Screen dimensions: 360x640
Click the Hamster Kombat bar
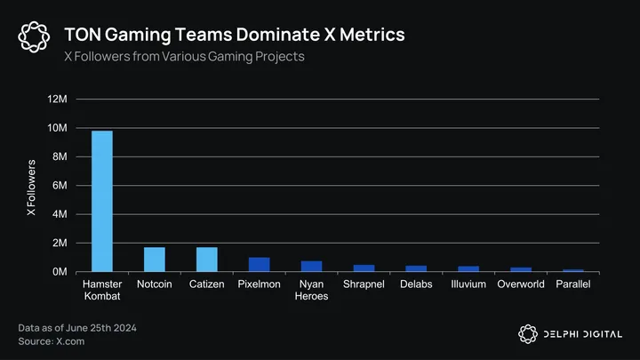point(102,201)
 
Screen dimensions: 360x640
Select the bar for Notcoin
point(155,260)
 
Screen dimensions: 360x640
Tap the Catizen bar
point(207,260)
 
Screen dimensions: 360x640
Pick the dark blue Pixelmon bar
point(259,265)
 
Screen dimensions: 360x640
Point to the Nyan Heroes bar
point(311,267)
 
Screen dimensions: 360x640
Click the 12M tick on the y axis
point(57,100)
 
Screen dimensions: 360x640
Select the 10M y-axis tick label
point(57,128)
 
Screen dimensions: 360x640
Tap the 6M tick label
point(60,186)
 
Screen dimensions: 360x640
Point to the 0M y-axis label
point(60,272)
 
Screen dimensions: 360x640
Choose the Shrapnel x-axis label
point(364,284)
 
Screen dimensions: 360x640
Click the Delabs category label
point(416,284)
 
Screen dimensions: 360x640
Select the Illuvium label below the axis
point(468,284)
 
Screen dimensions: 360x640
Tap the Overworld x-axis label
point(521,284)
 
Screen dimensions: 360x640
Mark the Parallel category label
point(573,284)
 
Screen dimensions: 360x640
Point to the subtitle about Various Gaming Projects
point(184,57)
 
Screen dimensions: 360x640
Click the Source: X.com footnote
point(47,341)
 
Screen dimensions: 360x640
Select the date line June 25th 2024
point(77,328)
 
